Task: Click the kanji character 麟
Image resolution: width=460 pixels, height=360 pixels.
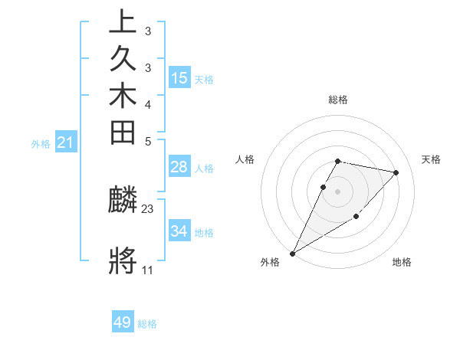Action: pos(123,201)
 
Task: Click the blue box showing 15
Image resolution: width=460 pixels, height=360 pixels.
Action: pos(179,77)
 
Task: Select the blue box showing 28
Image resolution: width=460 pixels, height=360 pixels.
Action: pos(179,167)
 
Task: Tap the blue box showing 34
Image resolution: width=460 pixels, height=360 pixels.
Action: pos(179,231)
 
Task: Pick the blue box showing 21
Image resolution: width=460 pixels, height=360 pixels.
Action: pos(66,142)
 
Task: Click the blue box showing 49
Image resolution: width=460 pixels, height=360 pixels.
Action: pos(123,322)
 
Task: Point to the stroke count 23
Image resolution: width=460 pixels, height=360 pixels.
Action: pos(148,208)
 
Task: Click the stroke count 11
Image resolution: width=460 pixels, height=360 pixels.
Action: pos(147,270)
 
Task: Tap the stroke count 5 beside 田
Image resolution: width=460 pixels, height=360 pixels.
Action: pos(147,141)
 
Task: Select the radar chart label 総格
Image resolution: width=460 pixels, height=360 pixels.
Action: pos(338,100)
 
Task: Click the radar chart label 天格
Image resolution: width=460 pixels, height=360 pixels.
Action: pos(431,159)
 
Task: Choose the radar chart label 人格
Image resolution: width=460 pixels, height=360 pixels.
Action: pos(245,159)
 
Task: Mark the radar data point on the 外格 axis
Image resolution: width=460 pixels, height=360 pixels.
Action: pos(292,253)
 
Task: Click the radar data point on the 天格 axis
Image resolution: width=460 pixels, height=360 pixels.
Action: pos(396,172)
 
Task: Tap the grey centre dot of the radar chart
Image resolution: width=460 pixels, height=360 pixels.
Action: pos(338,191)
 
